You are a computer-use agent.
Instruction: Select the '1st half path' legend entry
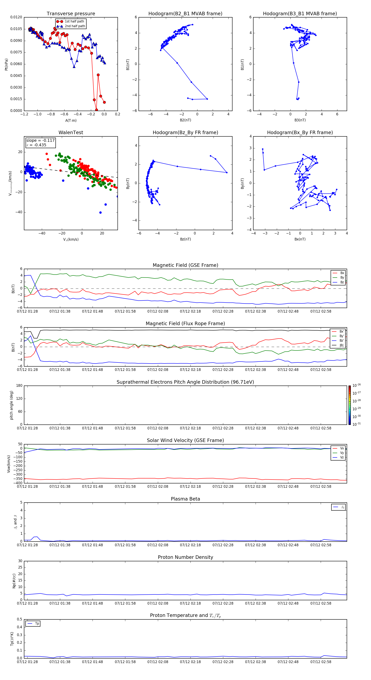point(74,21)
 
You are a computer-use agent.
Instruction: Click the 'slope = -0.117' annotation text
point(40,141)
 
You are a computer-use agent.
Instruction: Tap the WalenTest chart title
point(71,132)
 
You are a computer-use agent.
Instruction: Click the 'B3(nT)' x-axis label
point(300,120)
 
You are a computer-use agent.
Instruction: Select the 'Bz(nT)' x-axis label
point(185,239)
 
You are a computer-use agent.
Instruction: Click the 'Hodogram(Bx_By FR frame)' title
point(300,132)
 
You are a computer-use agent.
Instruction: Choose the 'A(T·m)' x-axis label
point(71,120)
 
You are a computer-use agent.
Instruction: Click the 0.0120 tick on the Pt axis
point(16,17)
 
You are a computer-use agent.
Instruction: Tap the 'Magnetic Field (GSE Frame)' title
point(185,265)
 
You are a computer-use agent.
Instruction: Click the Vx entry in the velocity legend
point(342,448)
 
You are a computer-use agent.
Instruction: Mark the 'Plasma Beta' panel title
point(185,499)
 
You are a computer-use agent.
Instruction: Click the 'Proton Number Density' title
point(185,557)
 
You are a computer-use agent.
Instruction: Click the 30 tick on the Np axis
point(20,561)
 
